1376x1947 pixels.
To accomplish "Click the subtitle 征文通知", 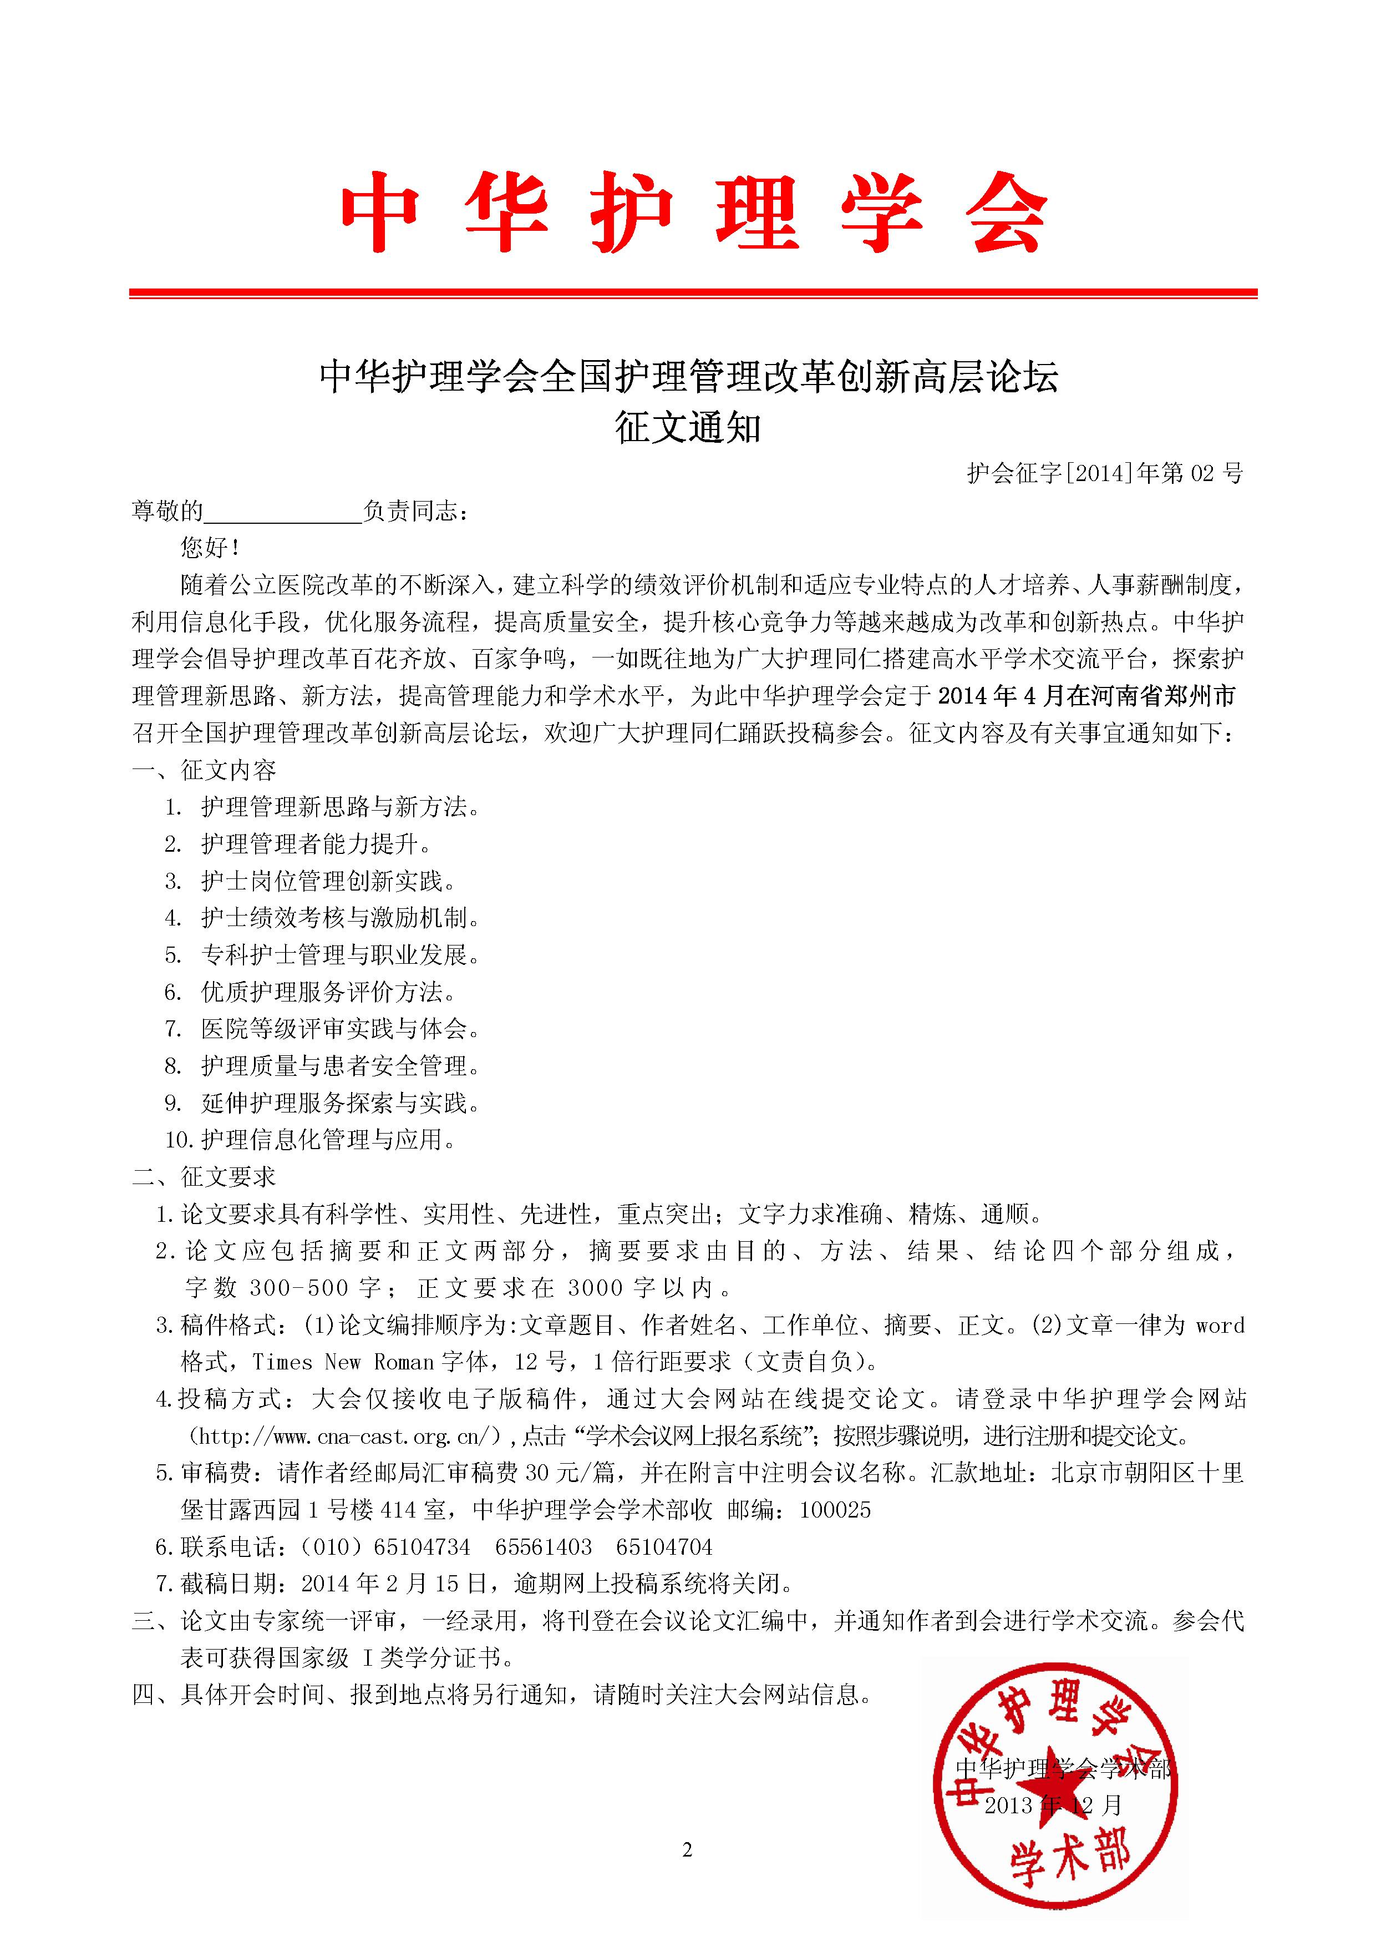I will (688, 428).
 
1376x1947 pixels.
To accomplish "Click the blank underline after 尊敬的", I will (283, 512).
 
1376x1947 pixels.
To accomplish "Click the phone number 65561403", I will (544, 1547).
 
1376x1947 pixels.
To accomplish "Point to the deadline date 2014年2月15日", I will (394, 1583).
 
